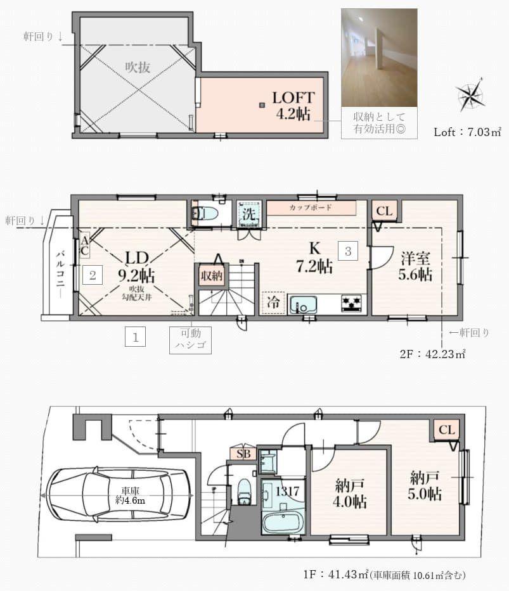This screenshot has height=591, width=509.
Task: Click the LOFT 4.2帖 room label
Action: click(x=293, y=106)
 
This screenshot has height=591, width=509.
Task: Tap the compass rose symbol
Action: click(x=470, y=95)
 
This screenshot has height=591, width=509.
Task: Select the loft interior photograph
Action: click(x=379, y=58)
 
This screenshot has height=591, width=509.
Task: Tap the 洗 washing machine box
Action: click(x=248, y=214)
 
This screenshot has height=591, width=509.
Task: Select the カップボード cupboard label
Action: click(x=311, y=208)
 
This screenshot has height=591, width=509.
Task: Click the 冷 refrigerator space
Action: click(x=273, y=302)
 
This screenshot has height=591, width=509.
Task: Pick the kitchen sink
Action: click(x=303, y=304)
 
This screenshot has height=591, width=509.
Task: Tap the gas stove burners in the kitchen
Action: click(x=352, y=304)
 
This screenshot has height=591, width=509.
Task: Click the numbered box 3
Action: click(x=348, y=251)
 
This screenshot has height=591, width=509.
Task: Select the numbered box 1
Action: click(x=135, y=336)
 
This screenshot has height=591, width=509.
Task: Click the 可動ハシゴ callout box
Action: click(x=190, y=340)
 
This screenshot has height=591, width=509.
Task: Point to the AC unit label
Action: click(x=84, y=246)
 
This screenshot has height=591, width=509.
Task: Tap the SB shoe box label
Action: click(x=243, y=454)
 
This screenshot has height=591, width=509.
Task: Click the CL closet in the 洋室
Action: click(x=384, y=211)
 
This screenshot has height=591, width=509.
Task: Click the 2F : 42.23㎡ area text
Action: click(x=433, y=354)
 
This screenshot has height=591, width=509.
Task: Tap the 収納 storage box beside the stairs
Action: click(x=212, y=275)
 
